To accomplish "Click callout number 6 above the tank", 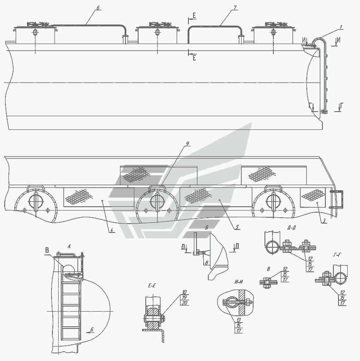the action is tap(98, 8).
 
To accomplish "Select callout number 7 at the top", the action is tap(235, 8).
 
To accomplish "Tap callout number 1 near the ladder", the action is tap(341, 27).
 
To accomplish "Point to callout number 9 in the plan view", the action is tap(187, 144).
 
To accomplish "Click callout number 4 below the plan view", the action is tap(112, 230).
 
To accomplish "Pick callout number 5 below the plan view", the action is tap(237, 227).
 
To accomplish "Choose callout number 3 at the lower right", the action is tap(324, 221).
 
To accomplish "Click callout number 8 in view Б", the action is tap(207, 262).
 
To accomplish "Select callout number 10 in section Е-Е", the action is tap(184, 293).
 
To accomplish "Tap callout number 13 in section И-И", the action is tap(238, 320).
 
